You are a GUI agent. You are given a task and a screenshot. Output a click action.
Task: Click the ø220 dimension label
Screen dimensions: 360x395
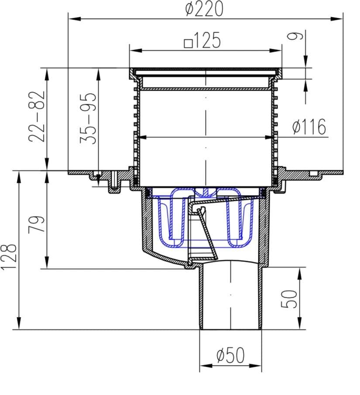(x=204, y=9)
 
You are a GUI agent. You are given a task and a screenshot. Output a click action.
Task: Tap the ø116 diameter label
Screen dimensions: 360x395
(x=309, y=127)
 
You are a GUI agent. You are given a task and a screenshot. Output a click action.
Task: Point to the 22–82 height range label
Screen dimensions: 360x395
(x=37, y=117)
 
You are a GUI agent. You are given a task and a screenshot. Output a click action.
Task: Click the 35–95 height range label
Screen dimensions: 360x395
(x=88, y=118)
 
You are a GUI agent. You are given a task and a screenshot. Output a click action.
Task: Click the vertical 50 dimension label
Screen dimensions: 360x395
(x=289, y=299)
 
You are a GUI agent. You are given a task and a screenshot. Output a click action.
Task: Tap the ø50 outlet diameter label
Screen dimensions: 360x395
(x=230, y=355)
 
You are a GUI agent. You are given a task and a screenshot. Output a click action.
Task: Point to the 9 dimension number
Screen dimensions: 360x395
(x=295, y=36)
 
